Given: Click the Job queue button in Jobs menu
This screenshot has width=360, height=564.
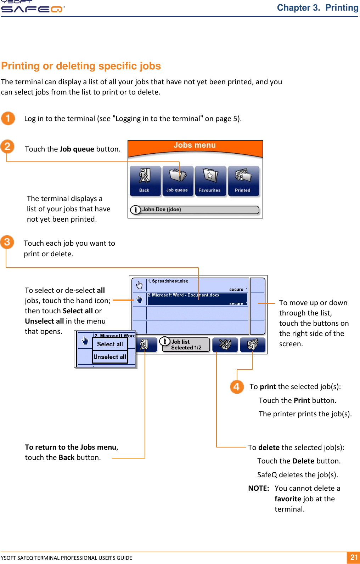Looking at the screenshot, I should click(x=177, y=181).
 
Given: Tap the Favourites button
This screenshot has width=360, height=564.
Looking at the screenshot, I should click(x=210, y=181).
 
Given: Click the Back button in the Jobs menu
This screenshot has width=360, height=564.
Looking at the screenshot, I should click(x=145, y=181).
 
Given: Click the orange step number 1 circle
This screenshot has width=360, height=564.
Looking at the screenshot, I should click(x=8, y=118).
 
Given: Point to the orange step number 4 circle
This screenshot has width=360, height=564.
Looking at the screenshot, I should click(x=237, y=387).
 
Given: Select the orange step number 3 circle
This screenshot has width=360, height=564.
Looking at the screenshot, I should click(x=7, y=242).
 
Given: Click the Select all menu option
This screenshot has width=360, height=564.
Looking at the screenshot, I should click(x=110, y=344).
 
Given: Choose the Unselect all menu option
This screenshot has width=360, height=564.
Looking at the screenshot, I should click(x=110, y=357).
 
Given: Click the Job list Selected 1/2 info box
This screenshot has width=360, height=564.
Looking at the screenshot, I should click(x=186, y=344).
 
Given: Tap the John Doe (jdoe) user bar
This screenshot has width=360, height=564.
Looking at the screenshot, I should click(x=195, y=210).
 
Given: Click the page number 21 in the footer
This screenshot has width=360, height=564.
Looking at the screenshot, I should click(x=354, y=557).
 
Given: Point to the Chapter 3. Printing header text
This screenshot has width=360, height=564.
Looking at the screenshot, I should click(x=317, y=8).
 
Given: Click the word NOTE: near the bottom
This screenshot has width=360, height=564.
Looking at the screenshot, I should click(x=259, y=488).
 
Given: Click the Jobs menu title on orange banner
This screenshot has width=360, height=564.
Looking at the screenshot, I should click(x=195, y=145).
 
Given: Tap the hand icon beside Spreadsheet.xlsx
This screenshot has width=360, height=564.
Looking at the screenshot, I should click(x=139, y=285).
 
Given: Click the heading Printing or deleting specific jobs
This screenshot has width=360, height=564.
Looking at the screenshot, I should click(x=81, y=66).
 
